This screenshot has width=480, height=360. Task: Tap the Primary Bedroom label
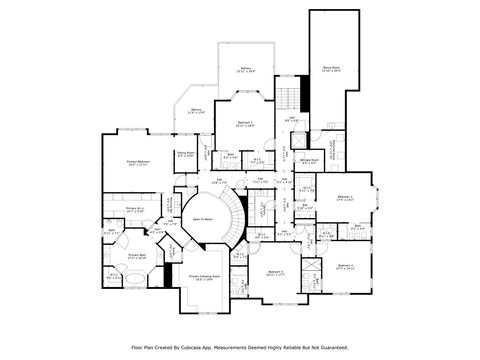point(138,162)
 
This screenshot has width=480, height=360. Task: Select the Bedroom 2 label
point(244,124)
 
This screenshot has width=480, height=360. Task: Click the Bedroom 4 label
point(345,266)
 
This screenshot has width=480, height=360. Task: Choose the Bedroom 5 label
point(276,272)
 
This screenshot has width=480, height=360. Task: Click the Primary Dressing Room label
point(206,278)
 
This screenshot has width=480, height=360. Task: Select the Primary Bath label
point(138,256)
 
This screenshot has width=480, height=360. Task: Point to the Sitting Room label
point(185,154)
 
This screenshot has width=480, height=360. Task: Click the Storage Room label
point(310,160)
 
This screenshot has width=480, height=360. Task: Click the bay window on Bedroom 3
point(377,199)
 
